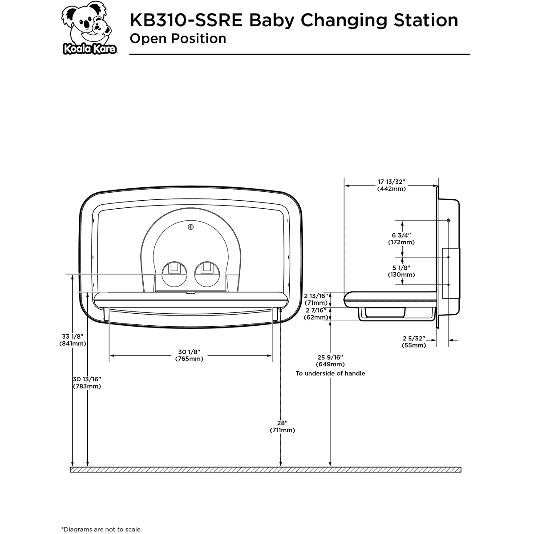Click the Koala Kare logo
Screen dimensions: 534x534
click(89, 30)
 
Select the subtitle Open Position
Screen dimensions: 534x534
click(178, 39)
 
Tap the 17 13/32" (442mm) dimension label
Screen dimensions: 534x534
click(391, 185)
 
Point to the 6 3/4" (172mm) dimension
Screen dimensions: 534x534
click(401, 239)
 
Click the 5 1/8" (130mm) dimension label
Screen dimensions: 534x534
click(401, 271)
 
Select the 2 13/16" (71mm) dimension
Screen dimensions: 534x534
click(316, 299)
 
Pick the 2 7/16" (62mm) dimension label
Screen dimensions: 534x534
click(316, 314)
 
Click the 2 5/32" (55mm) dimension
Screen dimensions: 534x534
click(414, 342)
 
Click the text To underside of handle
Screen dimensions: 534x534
click(330, 373)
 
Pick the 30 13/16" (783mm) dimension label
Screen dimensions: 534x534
click(87, 382)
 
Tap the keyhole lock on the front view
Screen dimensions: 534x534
click(191, 227)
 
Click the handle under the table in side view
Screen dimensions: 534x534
click(384, 314)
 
